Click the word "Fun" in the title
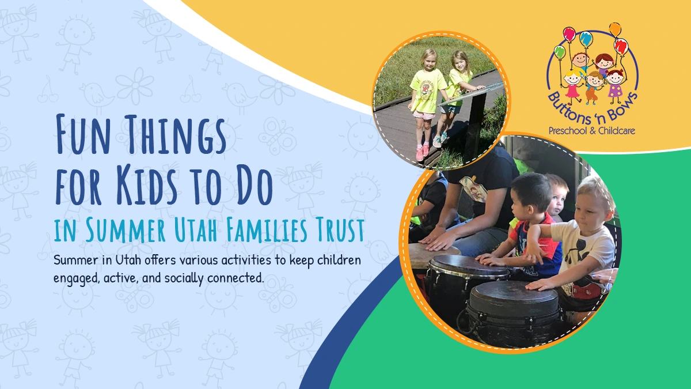(x=83, y=134)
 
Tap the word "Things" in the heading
(x=177, y=134)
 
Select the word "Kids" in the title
(x=147, y=184)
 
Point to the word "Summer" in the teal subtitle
(x=126, y=229)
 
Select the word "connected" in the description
(x=236, y=278)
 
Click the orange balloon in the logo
(x=615, y=29)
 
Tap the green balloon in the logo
(x=559, y=51)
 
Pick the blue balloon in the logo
(x=585, y=38)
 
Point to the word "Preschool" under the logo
(x=568, y=131)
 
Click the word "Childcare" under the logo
(x=617, y=131)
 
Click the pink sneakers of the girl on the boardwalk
(x=423, y=153)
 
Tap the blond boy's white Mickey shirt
(x=583, y=247)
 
